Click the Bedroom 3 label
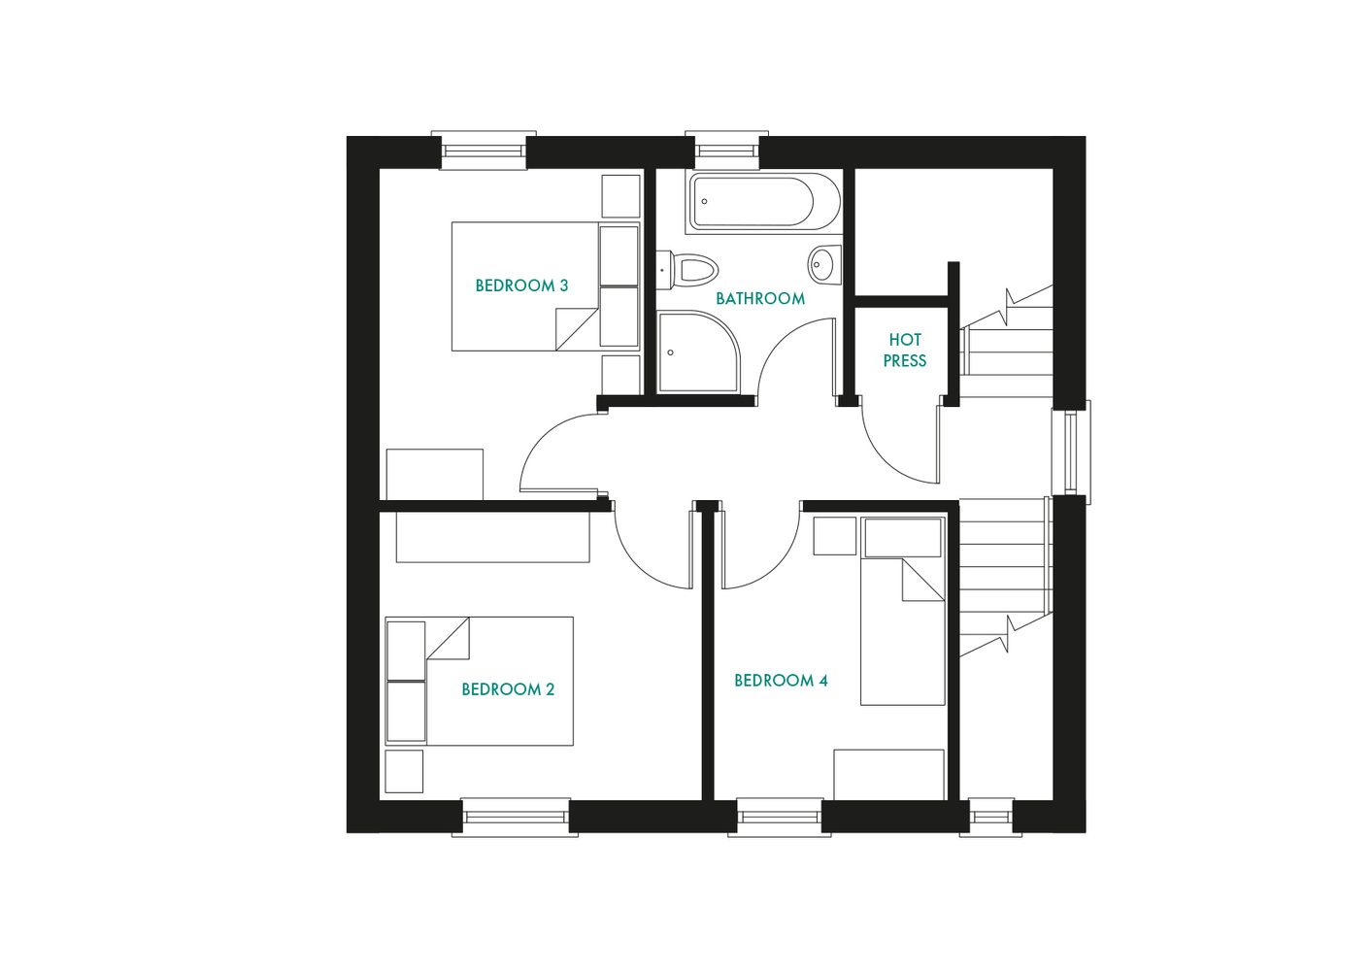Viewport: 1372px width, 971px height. coord(521,285)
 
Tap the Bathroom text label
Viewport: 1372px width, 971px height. coord(760,298)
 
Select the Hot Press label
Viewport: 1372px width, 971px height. coord(904,350)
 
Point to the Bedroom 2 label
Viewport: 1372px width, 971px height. coord(508,689)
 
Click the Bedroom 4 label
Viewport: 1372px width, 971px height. coord(781,681)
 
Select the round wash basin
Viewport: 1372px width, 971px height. coord(823,263)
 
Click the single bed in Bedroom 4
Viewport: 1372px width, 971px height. coord(903,621)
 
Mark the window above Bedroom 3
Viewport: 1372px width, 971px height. coord(484,151)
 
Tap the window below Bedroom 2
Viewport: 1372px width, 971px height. coord(515,817)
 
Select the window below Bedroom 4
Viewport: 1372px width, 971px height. coord(780,817)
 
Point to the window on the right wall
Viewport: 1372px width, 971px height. coord(1071,452)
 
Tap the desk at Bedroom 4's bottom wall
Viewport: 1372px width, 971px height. coord(888,774)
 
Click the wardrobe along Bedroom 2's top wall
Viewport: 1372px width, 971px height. coord(492,537)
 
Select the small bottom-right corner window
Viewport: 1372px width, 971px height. coord(990,817)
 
